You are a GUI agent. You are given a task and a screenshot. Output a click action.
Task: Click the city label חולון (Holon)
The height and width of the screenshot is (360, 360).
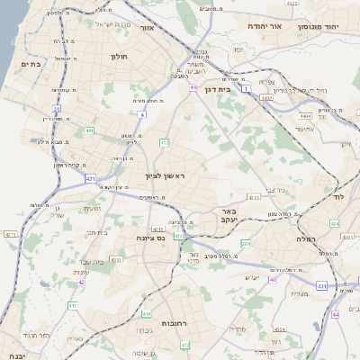click(x=119, y=57)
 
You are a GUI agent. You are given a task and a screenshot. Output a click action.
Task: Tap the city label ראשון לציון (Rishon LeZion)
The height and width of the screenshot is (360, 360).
click(x=164, y=175)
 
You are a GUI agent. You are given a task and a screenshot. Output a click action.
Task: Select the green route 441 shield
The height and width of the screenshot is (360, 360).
click(x=90, y=130)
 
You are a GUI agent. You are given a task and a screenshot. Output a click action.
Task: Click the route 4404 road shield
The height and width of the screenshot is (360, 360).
click(x=307, y=116)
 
